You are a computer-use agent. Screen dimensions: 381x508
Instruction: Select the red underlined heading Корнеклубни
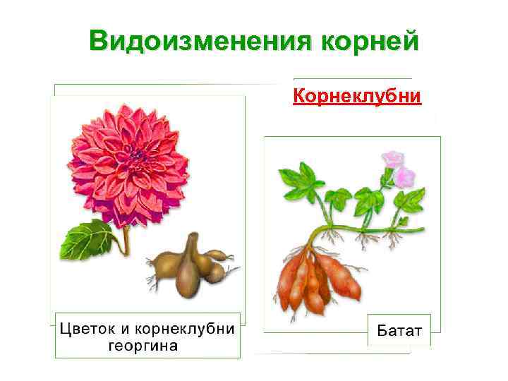coord(357,96)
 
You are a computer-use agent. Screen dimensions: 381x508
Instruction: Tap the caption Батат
coord(399,330)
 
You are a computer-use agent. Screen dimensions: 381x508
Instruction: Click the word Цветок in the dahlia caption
coord(86,329)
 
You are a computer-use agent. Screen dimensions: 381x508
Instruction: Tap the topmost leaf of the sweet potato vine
coord(297,176)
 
